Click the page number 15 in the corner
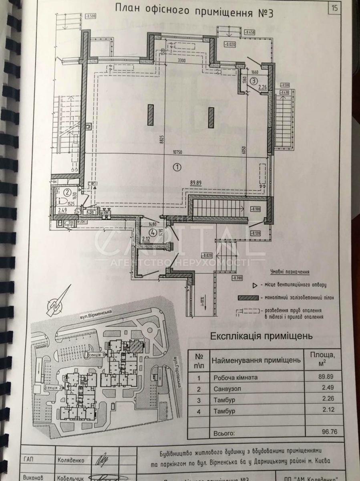point(334,8)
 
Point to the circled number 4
point(152,231)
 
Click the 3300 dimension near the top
point(182,61)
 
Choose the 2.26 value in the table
point(325,399)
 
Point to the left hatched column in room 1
point(151,114)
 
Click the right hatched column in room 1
point(211,117)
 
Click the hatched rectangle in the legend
point(248,298)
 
